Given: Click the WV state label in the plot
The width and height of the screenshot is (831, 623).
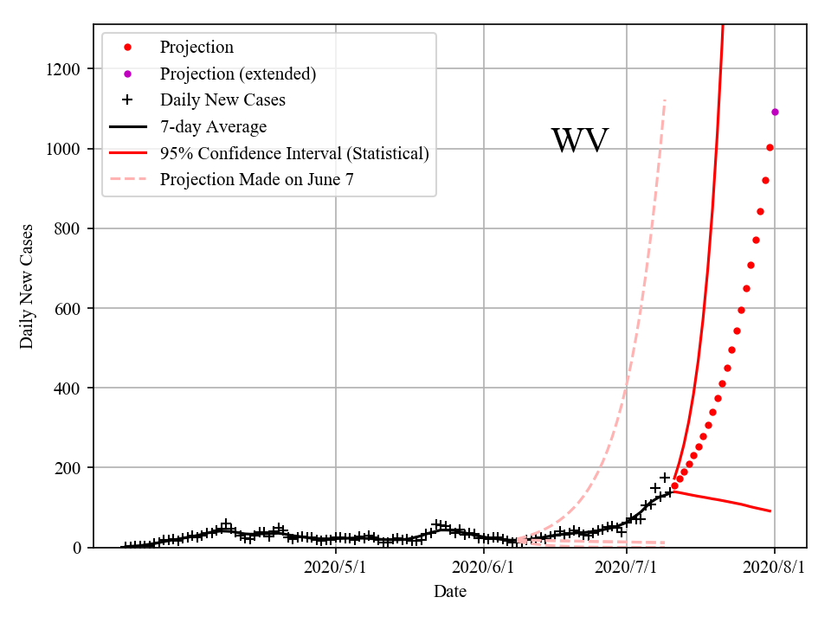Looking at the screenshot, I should [x=579, y=141].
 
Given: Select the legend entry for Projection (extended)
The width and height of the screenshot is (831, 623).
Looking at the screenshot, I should [x=237, y=74].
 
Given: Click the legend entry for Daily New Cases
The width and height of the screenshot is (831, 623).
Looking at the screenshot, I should [x=222, y=100].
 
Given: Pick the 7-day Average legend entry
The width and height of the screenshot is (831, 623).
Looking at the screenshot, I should [x=213, y=127].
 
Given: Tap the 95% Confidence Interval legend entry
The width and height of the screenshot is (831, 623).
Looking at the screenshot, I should [x=294, y=153].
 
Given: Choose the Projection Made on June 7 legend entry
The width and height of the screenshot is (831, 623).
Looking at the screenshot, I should [x=256, y=179].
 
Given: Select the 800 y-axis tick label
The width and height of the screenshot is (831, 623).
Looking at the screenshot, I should [x=69, y=228].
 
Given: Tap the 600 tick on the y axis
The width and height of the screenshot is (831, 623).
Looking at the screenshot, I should [x=69, y=308].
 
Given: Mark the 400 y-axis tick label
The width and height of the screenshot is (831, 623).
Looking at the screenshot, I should [x=69, y=388].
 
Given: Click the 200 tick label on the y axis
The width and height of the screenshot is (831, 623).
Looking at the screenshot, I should [x=69, y=467].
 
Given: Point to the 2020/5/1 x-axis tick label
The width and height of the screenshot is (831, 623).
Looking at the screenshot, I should [x=336, y=568].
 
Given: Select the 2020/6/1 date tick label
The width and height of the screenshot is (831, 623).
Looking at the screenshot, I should [x=482, y=568].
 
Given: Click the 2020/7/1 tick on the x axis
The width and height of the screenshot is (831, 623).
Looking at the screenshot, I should [x=627, y=568].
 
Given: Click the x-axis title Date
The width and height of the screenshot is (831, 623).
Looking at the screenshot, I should [x=450, y=592].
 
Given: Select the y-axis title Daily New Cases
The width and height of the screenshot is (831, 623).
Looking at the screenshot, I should [x=27, y=286].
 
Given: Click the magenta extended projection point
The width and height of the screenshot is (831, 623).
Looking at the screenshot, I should [x=775, y=112].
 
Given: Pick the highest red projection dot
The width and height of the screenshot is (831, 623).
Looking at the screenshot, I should [x=770, y=147].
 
